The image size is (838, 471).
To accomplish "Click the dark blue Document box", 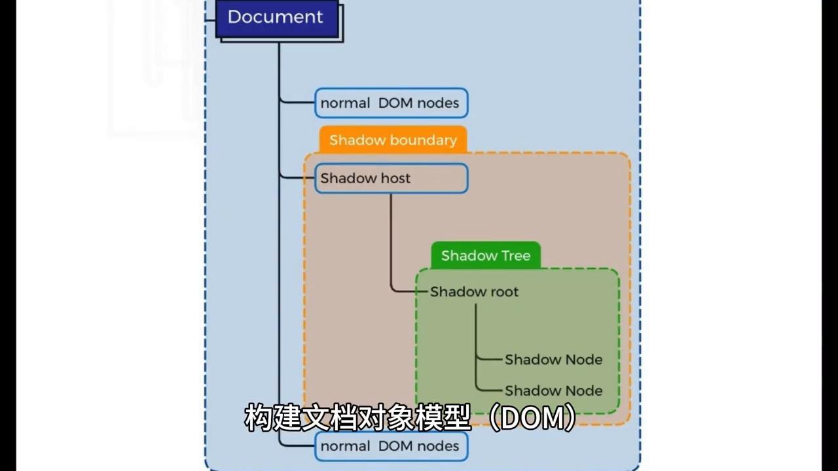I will [275, 18].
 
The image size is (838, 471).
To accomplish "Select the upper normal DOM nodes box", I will [391, 103].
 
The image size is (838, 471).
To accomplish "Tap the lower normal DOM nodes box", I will [391, 446].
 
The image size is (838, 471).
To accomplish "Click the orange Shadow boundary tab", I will [393, 140].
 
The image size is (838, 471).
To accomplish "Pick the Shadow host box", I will [391, 179].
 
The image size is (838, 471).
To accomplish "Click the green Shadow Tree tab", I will [485, 256].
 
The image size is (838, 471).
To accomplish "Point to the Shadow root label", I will [474, 292].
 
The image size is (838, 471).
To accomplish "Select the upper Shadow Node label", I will [553, 360].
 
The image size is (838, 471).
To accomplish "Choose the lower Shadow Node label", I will [553, 391].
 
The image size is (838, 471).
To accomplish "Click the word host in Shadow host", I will [394, 179].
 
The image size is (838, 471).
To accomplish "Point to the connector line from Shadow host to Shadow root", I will [392, 242].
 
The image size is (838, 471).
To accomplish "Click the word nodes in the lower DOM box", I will [438, 446].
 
